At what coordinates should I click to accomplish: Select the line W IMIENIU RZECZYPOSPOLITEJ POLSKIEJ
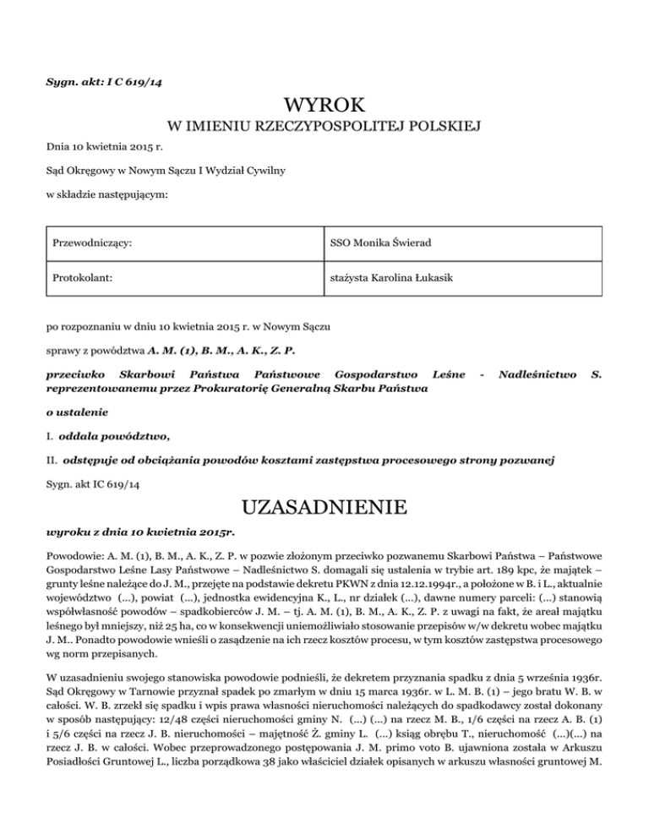click(324, 128)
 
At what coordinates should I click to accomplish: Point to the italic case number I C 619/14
click(123, 81)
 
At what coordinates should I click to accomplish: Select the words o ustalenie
click(73, 412)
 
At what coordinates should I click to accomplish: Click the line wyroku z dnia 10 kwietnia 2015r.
click(139, 533)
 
